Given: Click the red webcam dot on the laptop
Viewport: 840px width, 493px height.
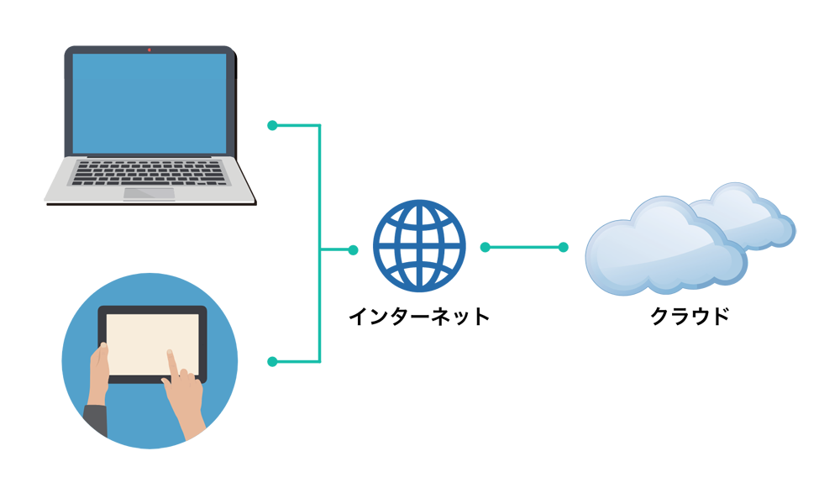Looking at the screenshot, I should (150, 50).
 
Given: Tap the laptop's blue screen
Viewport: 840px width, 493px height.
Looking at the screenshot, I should (150, 102).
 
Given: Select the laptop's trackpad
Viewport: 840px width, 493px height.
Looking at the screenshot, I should (150, 193).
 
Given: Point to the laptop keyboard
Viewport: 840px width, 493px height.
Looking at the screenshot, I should (150, 172).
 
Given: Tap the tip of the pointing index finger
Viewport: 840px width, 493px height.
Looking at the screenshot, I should (170, 353).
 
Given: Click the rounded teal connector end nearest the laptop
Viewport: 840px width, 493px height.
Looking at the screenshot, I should (272, 126).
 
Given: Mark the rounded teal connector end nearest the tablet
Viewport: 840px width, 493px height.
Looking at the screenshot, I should (272, 362).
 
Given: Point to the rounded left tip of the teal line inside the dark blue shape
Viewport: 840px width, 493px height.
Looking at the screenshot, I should (485, 247).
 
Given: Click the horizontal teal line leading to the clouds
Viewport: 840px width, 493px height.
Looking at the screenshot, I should (538, 247).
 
